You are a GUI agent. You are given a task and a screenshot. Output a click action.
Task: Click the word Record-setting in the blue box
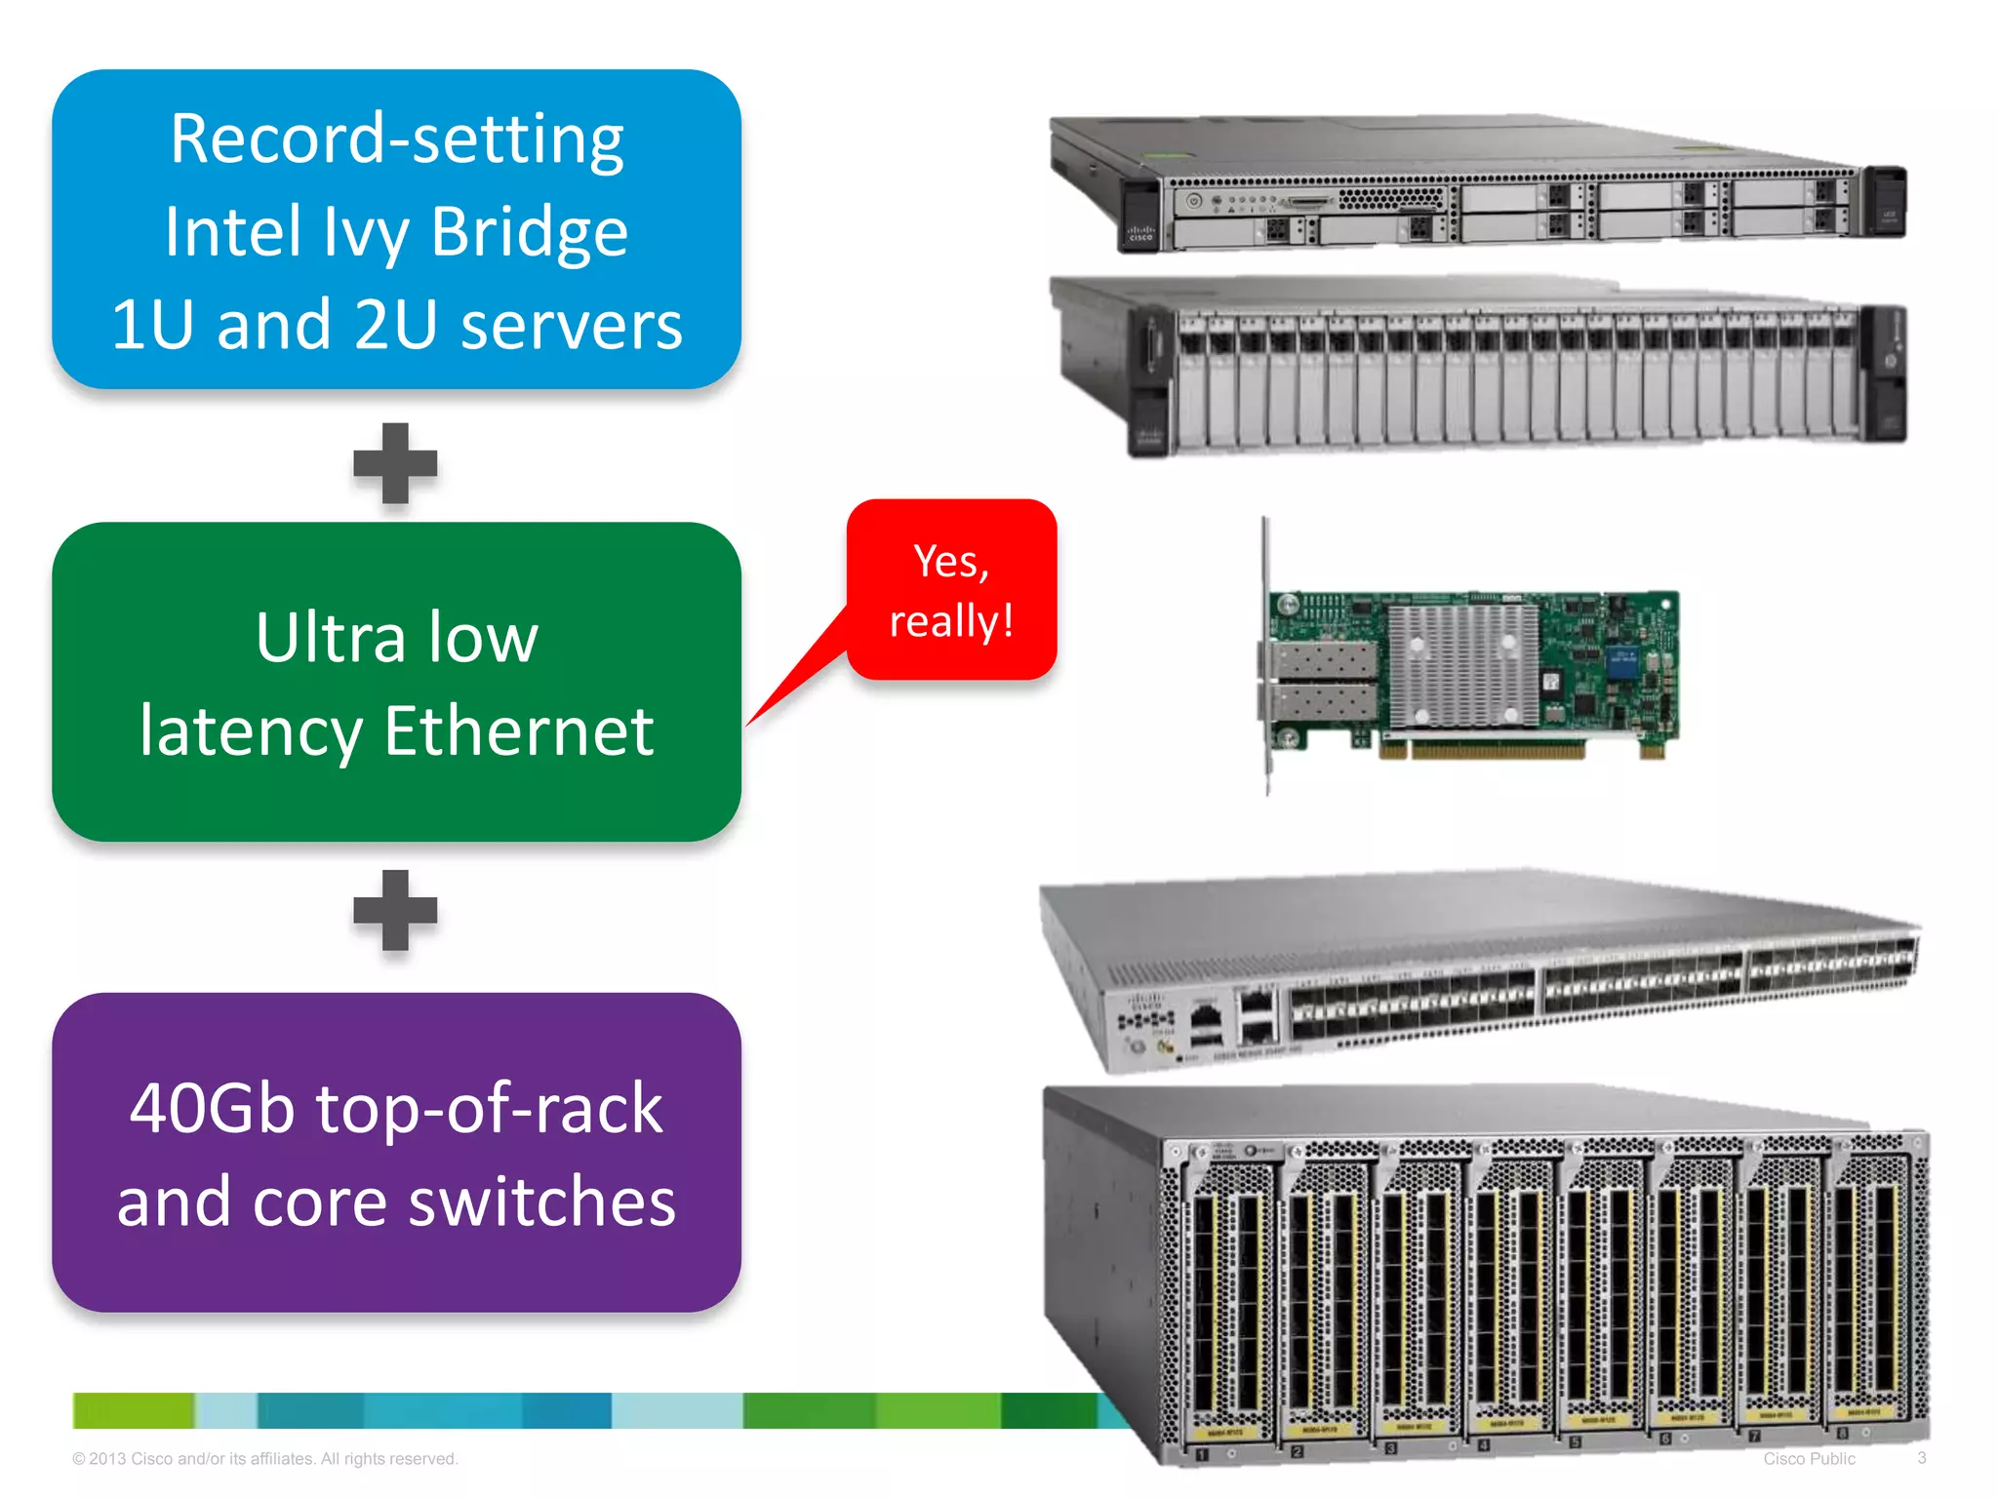(396, 139)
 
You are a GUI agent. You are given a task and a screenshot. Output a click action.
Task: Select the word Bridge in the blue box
(529, 232)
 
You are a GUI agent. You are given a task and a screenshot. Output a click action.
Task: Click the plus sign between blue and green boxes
(395, 463)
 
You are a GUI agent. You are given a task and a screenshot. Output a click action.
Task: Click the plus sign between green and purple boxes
(395, 910)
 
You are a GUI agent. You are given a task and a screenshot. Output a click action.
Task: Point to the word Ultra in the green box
(330, 638)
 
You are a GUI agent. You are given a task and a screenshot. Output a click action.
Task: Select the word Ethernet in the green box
(518, 731)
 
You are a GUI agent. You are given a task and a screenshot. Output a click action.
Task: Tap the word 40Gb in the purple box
(212, 1109)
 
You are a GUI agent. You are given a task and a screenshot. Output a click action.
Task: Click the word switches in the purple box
(541, 1202)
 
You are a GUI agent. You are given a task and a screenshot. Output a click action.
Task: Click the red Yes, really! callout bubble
(951, 590)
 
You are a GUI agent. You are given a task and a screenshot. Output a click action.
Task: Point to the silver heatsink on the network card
(1461, 666)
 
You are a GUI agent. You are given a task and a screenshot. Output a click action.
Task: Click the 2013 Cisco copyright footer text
(264, 1459)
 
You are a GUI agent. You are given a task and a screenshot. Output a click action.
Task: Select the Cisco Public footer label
(1809, 1459)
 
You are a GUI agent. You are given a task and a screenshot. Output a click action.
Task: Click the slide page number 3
(1921, 1458)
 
